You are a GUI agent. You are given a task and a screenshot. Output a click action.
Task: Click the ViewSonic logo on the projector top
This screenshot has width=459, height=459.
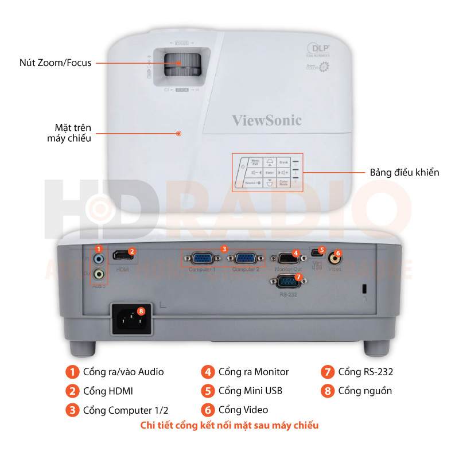coord(266,120)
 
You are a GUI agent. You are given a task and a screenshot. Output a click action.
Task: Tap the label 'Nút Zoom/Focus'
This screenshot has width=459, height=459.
coord(55,63)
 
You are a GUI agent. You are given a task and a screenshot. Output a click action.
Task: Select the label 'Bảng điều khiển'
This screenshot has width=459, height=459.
coord(404,172)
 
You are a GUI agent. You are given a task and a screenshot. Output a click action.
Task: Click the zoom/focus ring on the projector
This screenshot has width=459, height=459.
coord(183,65)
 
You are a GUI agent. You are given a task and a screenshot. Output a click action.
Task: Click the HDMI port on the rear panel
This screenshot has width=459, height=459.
coord(121,255)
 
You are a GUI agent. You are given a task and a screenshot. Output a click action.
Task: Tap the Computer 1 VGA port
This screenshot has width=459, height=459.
coord(201,259)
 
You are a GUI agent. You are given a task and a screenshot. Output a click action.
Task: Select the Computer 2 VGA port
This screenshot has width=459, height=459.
coord(245,259)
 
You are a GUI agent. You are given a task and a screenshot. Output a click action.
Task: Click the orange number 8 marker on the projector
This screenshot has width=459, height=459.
coord(141,312)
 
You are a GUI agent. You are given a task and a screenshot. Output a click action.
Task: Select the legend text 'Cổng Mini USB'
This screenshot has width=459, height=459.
coord(250,391)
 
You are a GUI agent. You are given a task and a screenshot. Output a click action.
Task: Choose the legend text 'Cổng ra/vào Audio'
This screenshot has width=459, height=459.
coord(123,372)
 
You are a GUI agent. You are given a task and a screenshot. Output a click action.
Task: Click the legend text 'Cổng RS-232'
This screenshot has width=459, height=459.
coord(365,372)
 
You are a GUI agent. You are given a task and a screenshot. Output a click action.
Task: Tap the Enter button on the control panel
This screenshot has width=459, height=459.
coord(269,172)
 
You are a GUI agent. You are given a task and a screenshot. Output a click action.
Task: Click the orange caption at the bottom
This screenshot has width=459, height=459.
coord(229,425)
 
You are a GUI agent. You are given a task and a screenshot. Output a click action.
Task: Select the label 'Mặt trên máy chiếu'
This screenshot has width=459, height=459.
coord(69,133)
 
